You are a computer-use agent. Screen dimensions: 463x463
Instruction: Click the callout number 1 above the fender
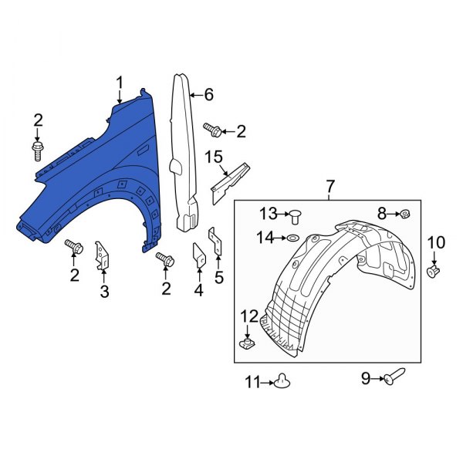pyautogui.click(x=120, y=82)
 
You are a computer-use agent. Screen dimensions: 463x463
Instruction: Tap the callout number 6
pyautogui.click(x=208, y=96)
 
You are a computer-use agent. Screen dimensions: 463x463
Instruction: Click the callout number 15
pyautogui.click(x=214, y=159)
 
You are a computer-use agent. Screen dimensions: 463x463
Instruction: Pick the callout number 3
pyautogui.click(x=104, y=291)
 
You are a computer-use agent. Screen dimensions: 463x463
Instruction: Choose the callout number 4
pyautogui.click(x=198, y=290)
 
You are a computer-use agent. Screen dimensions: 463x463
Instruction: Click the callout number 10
pyautogui.click(x=436, y=243)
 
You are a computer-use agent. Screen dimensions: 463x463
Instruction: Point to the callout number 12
pyautogui.click(x=249, y=315)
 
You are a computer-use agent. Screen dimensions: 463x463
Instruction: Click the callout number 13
pyautogui.click(x=267, y=212)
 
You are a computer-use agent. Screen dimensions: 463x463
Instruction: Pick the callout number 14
pyautogui.click(x=265, y=238)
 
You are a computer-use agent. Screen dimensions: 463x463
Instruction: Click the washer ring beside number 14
pyautogui.click(x=294, y=238)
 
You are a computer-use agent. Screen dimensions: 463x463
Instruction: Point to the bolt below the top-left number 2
pyautogui.click(x=37, y=149)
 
